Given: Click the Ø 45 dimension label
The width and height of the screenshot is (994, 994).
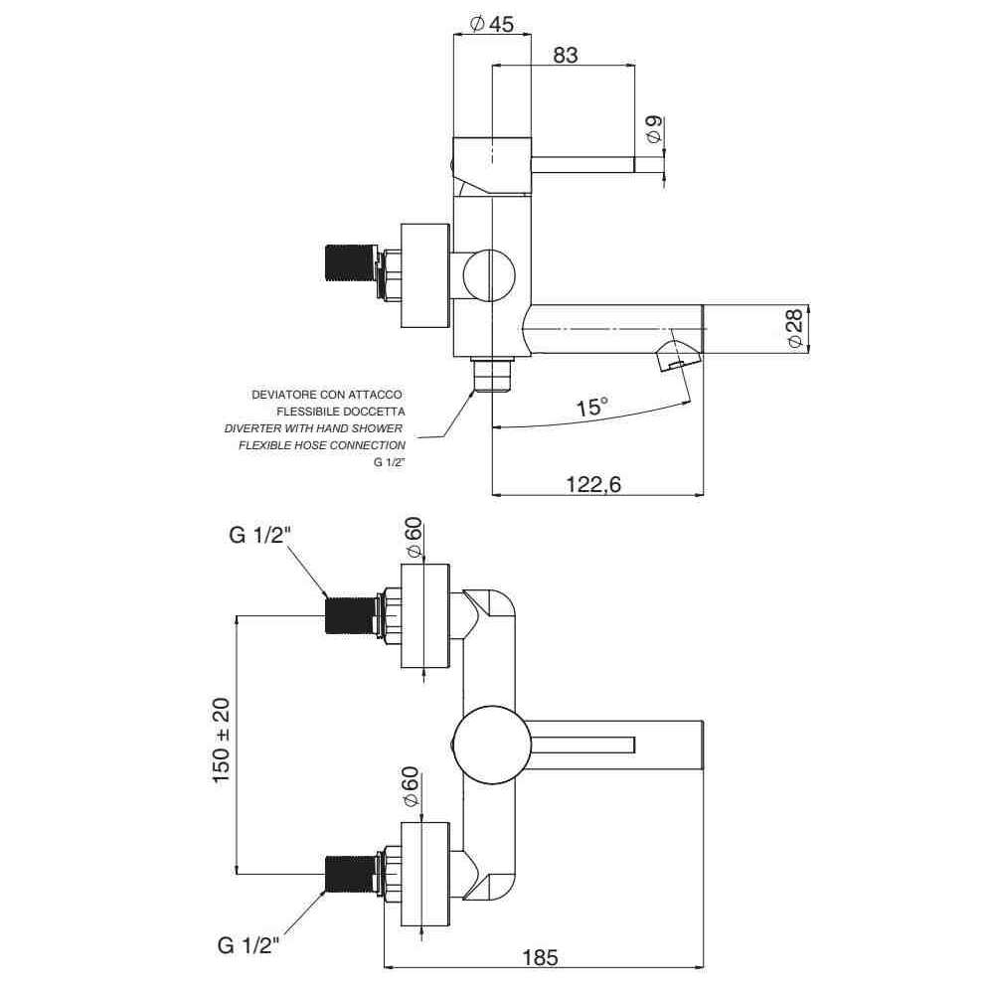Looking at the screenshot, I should coord(491,25).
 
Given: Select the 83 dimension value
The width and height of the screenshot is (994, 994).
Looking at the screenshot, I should coord(565,56).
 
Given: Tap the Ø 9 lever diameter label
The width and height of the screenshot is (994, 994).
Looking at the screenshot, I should coord(652,128).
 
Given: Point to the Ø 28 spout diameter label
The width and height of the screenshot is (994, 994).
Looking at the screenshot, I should coord(793,327).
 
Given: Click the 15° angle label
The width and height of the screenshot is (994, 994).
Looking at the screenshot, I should coord(591,407).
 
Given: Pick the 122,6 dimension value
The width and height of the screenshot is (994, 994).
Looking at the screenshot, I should coord(594,484).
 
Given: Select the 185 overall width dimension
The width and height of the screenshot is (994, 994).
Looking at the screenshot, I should coord(540,958).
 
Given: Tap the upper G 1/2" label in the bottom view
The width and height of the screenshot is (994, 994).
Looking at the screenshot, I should coord(260,536).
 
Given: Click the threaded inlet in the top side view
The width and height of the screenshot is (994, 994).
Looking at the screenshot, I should coord(350,268).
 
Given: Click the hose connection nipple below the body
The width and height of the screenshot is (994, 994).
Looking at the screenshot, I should coord(491,376).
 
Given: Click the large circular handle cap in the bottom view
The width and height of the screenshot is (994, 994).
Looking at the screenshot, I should coord(487,743).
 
